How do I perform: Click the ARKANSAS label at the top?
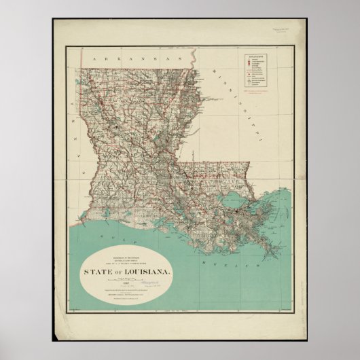(118, 59)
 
